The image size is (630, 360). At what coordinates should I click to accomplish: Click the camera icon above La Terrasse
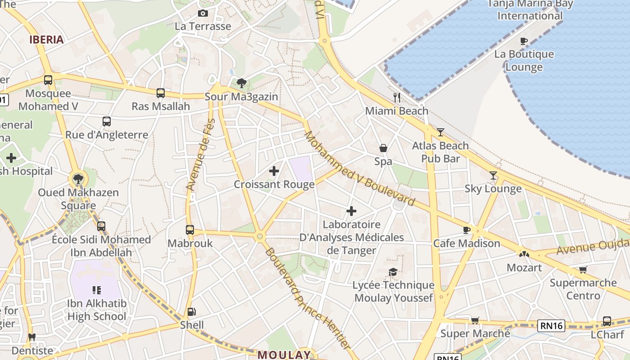(203, 13)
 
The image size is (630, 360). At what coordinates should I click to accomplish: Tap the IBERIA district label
(46, 40)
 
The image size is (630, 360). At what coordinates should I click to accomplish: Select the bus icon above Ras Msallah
(161, 93)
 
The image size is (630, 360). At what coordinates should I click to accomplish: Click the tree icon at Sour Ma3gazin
(242, 83)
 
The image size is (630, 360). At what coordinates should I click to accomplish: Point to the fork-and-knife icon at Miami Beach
(396, 97)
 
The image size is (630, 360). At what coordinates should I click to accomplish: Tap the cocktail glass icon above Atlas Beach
(440, 132)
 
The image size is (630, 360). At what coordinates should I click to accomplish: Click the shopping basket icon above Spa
(383, 148)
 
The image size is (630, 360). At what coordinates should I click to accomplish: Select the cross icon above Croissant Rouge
(274, 171)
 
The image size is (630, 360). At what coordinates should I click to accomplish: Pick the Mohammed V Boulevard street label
(359, 168)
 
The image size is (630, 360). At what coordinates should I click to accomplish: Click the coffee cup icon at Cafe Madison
(467, 230)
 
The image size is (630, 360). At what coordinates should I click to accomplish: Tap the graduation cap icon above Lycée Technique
(393, 272)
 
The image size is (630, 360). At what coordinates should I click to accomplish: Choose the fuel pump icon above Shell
(192, 311)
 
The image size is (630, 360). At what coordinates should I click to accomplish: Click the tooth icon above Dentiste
(31, 337)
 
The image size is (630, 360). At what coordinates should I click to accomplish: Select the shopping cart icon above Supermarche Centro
(583, 270)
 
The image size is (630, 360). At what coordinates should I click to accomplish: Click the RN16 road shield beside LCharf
(551, 325)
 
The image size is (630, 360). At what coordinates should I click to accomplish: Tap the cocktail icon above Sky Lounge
(493, 175)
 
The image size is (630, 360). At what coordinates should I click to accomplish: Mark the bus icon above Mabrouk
(190, 230)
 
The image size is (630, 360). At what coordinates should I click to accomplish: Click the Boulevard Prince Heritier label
(307, 298)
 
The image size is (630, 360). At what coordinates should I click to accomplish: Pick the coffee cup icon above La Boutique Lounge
(524, 41)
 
